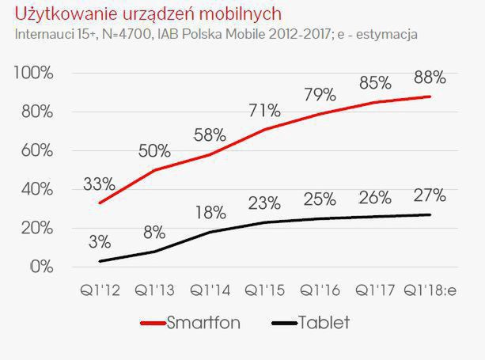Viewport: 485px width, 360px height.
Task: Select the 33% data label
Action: pyautogui.click(x=100, y=185)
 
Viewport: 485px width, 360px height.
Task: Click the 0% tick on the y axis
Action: pyautogui.click(x=41, y=267)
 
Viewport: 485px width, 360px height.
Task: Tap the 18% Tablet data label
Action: pyautogui.click(x=208, y=213)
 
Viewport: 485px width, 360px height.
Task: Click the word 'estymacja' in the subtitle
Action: pyautogui.click(x=388, y=35)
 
